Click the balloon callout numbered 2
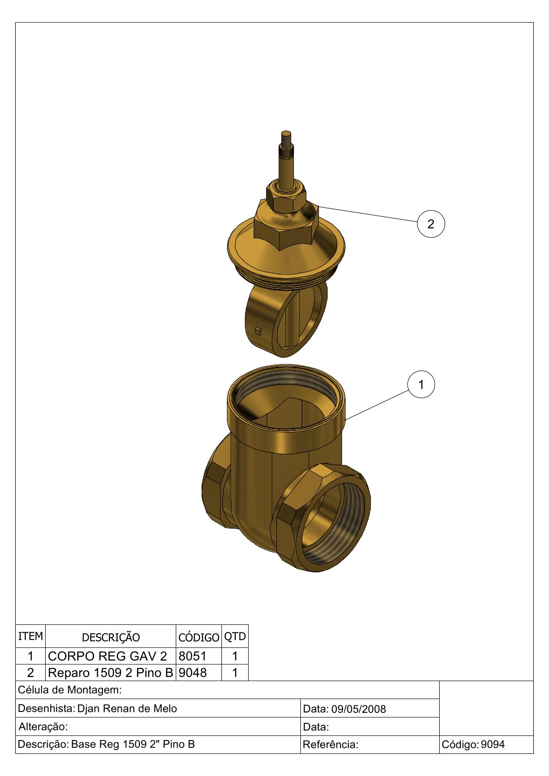tap(430, 224)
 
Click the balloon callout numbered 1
tap(421, 384)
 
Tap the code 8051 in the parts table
tap(192, 656)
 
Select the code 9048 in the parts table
tap(192, 672)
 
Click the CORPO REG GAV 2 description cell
tap(107, 656)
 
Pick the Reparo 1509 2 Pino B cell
tap(110, 672)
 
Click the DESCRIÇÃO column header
tap(111, 637)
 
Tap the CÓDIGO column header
tap(199, 637)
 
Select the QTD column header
tap(235, 636)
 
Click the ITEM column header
tap(30, 636)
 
